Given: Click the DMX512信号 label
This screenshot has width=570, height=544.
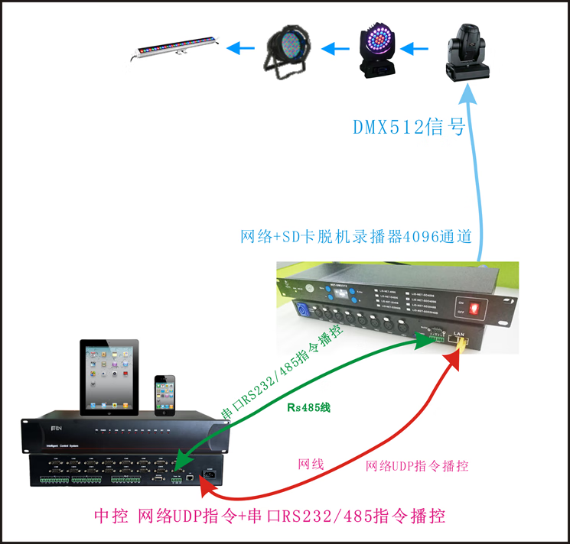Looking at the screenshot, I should point(409,127).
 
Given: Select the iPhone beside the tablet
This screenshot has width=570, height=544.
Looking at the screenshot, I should point(164,395).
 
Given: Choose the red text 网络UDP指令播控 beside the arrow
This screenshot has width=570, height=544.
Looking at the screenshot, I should point(417,466).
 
